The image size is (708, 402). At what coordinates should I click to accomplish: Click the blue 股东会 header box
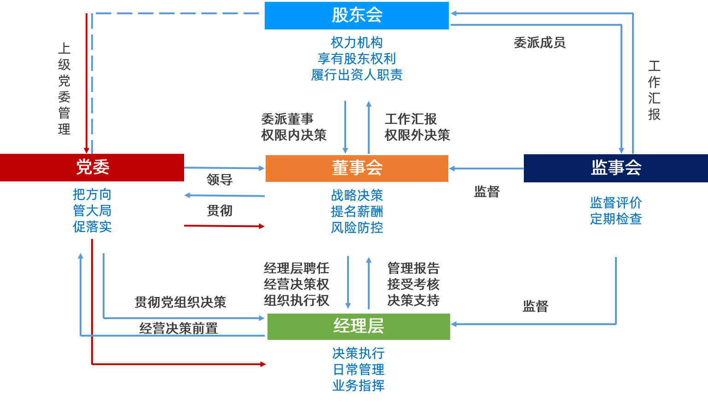[x=357, y=16]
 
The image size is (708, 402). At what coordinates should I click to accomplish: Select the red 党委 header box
[x=92, y=167]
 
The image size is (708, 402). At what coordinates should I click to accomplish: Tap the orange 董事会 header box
[x=357, y=168]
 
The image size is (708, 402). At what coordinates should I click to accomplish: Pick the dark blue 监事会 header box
[x=615, y=168]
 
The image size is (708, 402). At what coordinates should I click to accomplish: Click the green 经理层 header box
[x=359, y=326]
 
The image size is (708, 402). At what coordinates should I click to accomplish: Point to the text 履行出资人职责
[x=357, y=75]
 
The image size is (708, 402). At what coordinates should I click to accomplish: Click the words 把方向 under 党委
[x=92, y=195]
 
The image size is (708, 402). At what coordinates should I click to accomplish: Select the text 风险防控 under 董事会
[x=357, y=228]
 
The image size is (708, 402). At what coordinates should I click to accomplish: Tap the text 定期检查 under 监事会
[x=615, y=219]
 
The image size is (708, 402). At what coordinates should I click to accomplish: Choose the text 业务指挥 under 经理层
[x=358, y=386]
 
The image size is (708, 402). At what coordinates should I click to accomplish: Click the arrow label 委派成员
[x=539, y=43]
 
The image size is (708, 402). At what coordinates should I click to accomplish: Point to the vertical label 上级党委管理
[x=64, y=88]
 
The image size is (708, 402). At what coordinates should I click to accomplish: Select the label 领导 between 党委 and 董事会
[x=220, y=180]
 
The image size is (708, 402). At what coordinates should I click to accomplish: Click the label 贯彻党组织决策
[x=180, y=303]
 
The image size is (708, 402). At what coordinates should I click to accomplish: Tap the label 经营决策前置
[x=178, y=328]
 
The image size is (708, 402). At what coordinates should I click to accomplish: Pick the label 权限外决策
[x=417, y=135]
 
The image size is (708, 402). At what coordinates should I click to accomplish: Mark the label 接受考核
[x=413, y=285]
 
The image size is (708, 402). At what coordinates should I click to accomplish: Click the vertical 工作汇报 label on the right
[x=654, y=90]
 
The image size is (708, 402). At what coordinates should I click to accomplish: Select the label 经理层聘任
[x=296, y=268]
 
